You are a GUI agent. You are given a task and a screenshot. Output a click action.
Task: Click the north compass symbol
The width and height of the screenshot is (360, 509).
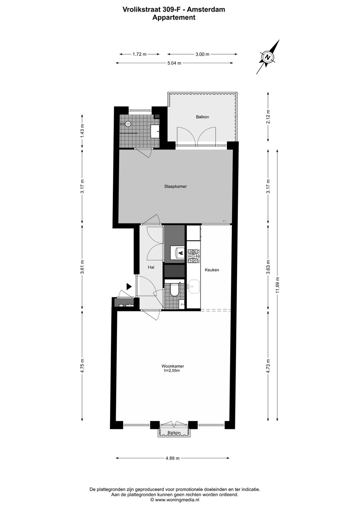click(x=267, y=57)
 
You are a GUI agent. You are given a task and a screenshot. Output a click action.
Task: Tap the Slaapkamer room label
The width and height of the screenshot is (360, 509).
click(x=175, y=186)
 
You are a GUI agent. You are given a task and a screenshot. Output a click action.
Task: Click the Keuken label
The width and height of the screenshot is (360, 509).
click(x=212, y=270)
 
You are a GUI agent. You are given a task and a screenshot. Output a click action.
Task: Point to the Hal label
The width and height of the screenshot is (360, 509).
click(x=151, y=267)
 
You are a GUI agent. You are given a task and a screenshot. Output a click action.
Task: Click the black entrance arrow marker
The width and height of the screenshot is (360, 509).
click(x=129, y=286)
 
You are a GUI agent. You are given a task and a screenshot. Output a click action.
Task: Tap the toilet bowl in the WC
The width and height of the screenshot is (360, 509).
click(x=174, y=290)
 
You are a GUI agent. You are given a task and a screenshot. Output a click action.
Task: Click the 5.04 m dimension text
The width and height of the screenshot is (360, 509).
click(x=174, y=63)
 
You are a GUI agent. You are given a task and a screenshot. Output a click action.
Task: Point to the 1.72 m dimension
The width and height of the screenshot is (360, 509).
click(x=139, y=54)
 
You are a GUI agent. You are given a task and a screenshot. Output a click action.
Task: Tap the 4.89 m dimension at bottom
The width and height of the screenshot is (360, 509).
click(x=172, y=458)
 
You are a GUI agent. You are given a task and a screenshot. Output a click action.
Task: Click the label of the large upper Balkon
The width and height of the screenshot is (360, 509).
click(x=202, y=117)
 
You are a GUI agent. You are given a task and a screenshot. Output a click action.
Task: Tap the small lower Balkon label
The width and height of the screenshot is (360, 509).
click(x=174, y=433)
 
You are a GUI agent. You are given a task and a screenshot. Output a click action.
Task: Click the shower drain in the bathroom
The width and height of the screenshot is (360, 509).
click(x=128, y=123)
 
